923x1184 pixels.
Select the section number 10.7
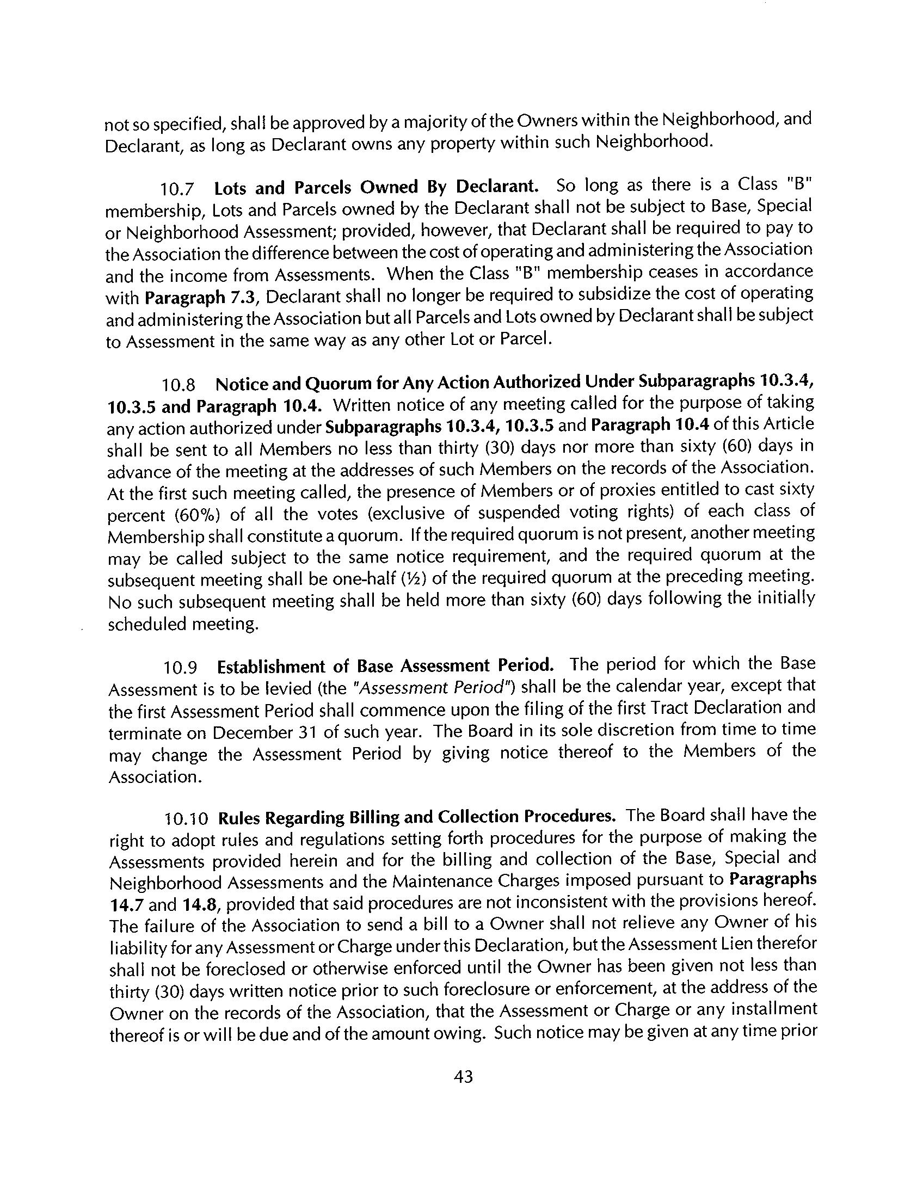[177, 190]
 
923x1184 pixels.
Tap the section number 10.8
[179, 385]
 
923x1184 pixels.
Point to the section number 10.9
[180, 668]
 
